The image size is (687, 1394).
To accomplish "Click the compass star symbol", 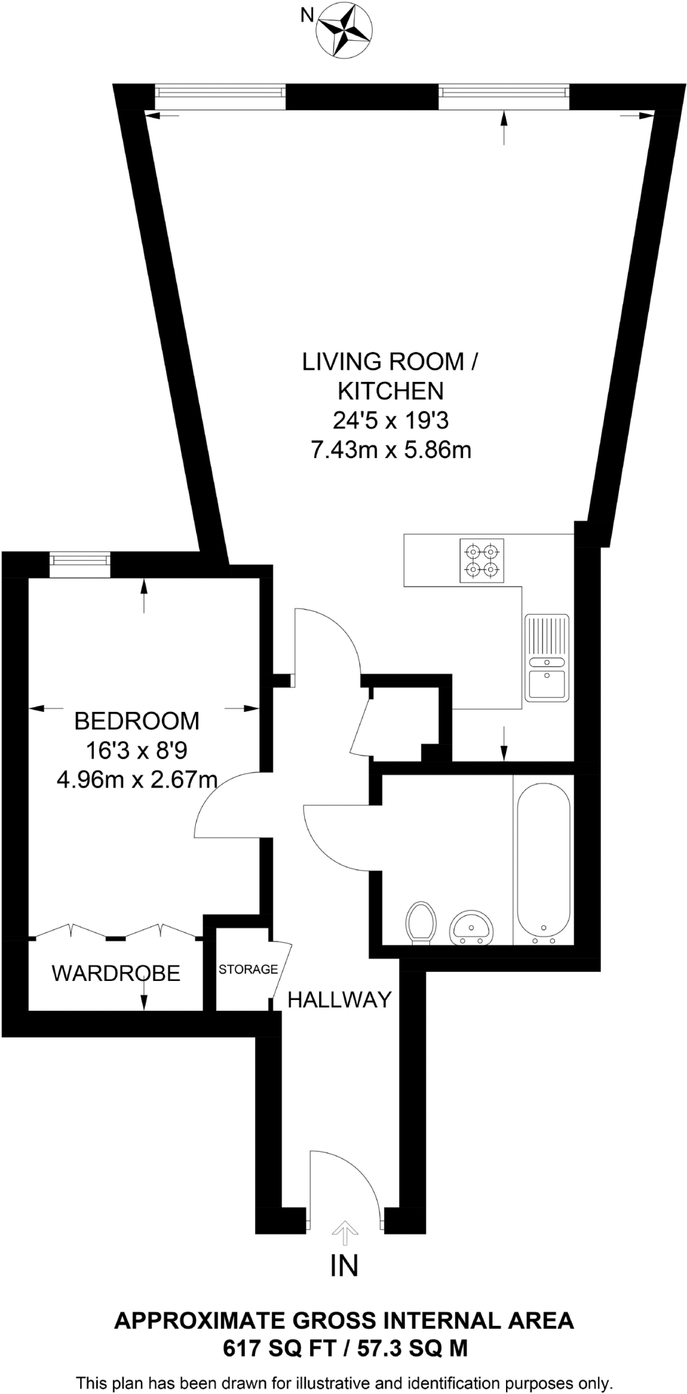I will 343,28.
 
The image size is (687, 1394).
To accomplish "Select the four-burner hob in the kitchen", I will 482,560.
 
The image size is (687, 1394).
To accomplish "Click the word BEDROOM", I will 136,720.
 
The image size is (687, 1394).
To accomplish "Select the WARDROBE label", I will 116,973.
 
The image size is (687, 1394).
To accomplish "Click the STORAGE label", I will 248,969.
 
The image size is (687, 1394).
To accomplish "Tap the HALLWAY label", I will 339,999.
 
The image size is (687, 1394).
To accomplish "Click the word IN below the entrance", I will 344,1265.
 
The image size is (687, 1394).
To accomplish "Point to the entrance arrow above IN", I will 344,1229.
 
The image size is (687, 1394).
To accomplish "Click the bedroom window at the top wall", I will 80,560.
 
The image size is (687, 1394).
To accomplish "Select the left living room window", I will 219,95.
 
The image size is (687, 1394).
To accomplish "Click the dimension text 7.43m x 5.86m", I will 390,450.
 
